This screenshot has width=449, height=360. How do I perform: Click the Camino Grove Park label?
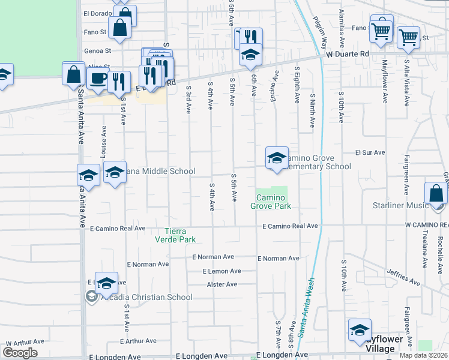[x=274, y=202]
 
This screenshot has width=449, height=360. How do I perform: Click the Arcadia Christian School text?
[x=147, y=297]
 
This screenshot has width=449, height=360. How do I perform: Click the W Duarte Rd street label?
[x=348, y=53]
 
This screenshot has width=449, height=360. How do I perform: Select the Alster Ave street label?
[x=222, y=284]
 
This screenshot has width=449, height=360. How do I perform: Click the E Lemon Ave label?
[x=221, y=271]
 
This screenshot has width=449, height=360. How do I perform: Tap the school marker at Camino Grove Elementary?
[x=277, y=158]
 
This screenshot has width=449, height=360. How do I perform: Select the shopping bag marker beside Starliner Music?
[x=436, y=193]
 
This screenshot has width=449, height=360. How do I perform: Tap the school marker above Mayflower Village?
[x=360, y=329]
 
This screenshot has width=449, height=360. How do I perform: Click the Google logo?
[x=20, y=352]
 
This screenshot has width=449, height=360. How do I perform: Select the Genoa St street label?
[x=100, y=51]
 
